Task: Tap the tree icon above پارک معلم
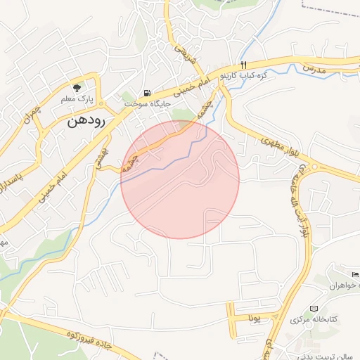77,86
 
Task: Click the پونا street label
255,318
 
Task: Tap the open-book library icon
314,309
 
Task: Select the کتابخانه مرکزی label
311,320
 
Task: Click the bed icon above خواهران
354,273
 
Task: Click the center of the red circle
180,179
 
